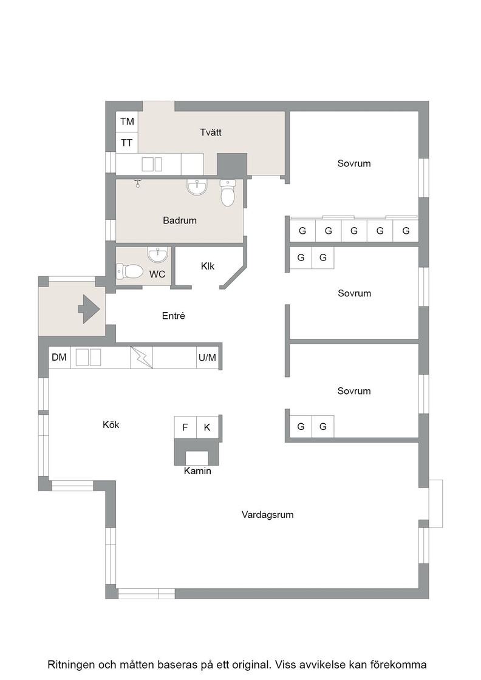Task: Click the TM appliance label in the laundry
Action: (x=127, y=122)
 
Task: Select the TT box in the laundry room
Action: (x=127, y=142)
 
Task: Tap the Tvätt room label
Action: (x=211, y=132)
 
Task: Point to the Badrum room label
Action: (x=180, y=220)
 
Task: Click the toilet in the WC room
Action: (x=129, y=271)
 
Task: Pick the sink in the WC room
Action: (x=157, y=254)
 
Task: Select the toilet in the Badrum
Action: (x=228, y=193)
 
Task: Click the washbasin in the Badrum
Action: (x=197, y=188)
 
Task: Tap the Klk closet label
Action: (x=208, y=266)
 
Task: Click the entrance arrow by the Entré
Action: (x=89, y=309)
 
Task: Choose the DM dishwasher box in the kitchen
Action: (x=60, y=358)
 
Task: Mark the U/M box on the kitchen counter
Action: (x=207, y=358)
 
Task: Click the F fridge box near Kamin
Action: (x=185, y=427)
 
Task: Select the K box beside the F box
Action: (x=207, y=427)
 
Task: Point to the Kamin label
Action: (x=197, y=471)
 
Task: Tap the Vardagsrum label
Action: (x=268, y=515)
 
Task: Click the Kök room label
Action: (x=111, y=424)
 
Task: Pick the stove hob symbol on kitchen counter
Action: (x=142, y=358)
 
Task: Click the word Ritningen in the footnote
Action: (x=70, y=664)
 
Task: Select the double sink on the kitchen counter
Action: (x=89, y=358)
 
